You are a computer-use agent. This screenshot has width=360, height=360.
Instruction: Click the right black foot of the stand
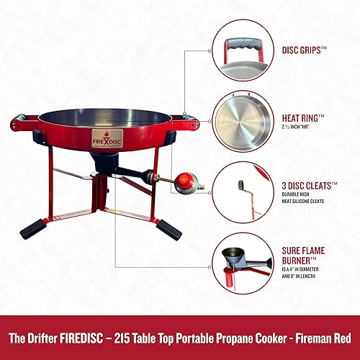[x=168, y=230]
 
